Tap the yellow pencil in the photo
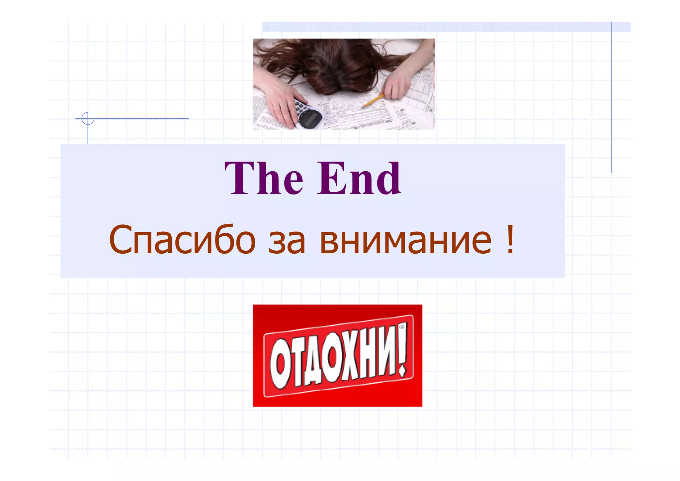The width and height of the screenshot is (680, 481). [x=373, y=101]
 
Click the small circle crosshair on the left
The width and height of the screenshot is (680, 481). [x=88, y=118]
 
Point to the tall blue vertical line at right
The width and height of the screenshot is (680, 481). [x=611, y=100]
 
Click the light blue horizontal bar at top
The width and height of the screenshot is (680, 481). [x=445, y=27]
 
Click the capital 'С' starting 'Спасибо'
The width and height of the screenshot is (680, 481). [x=121, y=239]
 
